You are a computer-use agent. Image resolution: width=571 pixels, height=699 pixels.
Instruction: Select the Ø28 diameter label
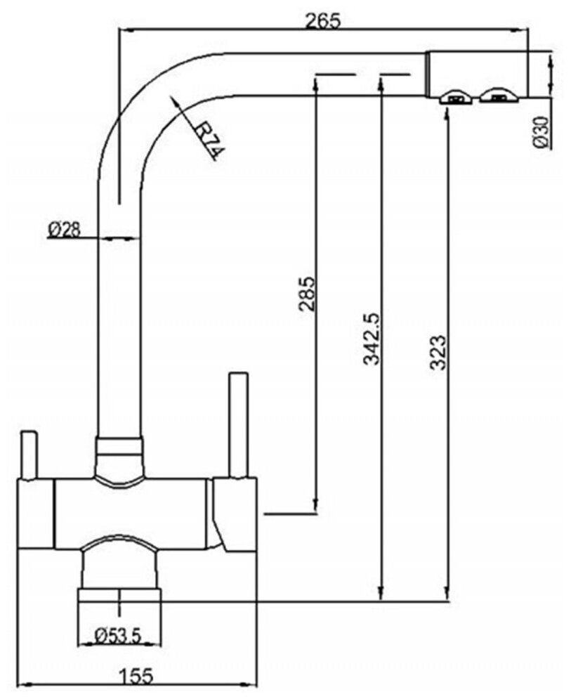click(65, 228)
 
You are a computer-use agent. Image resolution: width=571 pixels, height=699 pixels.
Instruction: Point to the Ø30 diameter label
click(540, 131)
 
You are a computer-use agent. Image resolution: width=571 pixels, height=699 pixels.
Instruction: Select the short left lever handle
click(29, 455)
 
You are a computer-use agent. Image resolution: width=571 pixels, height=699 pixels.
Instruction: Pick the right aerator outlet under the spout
click(498, 97)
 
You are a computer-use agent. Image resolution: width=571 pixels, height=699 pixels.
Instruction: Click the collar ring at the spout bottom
click(119, 446)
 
